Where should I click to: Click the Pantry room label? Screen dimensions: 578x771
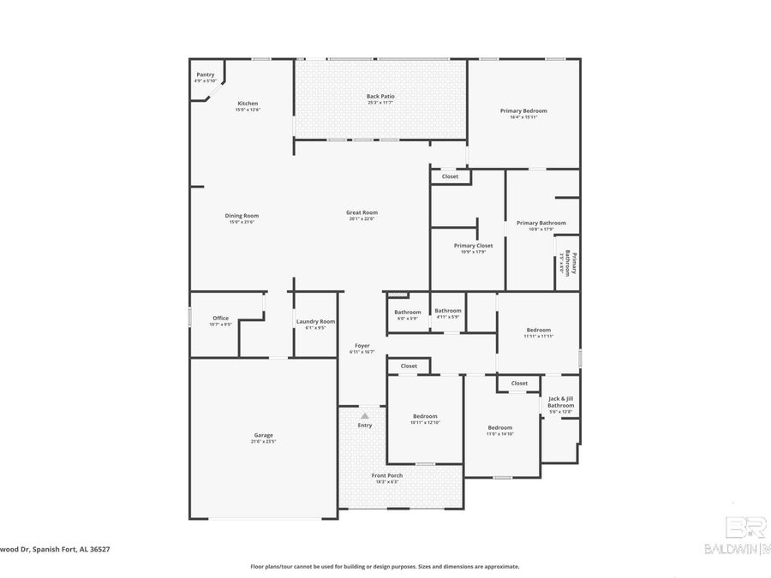pos(206,74)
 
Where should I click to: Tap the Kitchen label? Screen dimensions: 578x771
pos(248,104)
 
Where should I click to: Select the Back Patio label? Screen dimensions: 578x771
pos(380,96)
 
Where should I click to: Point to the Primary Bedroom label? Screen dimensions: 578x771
pos(523,110)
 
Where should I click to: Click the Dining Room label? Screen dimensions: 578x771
pos(242,216)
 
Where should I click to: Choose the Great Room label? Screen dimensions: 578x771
pos(362,212)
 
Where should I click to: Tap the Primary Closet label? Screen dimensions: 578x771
pos(473,246)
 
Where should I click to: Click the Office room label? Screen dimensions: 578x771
pos(220,318)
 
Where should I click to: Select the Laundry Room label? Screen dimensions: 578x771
pos(315,322)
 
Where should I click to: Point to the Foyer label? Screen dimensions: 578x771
pos(362,345)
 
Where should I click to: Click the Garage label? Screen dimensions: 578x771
pos(262,435)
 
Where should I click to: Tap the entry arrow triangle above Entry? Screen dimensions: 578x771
pos(364,415)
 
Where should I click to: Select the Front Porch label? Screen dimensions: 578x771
pos(386,475)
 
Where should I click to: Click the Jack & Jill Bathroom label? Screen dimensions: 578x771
pos(561,402)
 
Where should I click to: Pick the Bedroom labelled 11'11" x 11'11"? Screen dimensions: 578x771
pos(538,330)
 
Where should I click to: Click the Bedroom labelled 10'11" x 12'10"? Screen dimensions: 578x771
pos(425,416)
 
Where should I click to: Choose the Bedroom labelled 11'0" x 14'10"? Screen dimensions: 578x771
pos(500,427)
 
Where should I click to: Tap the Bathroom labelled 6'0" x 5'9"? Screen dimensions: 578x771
pos(407,312)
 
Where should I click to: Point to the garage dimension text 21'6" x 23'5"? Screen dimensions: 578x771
pos(262,441)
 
